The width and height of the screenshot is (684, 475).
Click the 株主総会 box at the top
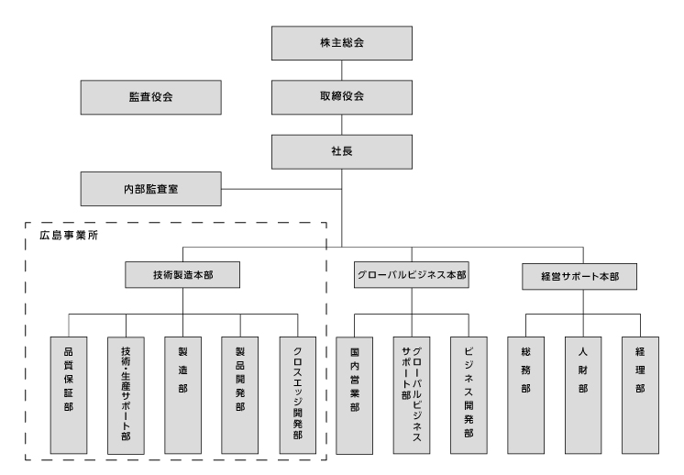coord(342,42)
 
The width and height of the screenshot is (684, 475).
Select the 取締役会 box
coord(342,95)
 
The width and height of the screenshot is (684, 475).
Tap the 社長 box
coord(342,149)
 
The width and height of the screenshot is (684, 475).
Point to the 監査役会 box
coord(150,95)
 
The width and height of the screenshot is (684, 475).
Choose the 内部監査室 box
coord(150,190)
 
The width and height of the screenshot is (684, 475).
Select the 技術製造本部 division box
coord(183,275)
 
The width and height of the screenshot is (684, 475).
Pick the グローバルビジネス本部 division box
coord(411,275)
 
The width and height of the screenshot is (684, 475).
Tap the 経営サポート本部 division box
coord(582,275)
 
